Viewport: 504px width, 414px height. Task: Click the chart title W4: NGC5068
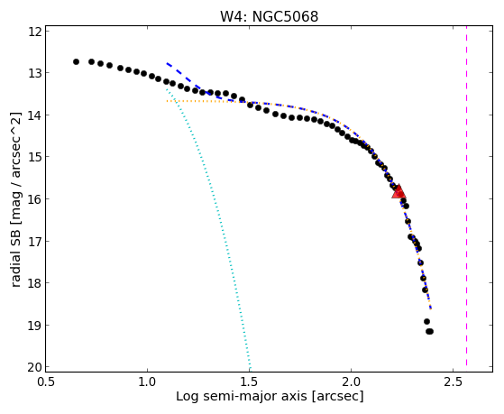(269, 16)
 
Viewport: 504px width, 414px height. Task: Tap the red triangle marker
(399, 192)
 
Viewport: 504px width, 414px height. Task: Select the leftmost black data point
(76, 61)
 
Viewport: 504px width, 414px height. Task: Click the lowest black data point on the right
(430, 331)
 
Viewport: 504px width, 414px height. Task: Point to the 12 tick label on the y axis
(34, 31)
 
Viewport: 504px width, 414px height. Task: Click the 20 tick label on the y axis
(34, 367)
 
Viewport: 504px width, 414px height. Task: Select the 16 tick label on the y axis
(34, 198)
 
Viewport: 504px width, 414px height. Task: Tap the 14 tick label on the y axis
(34, 115)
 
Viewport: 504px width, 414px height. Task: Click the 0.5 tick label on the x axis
(46, 382)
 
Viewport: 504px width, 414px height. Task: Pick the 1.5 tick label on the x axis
(249, 382)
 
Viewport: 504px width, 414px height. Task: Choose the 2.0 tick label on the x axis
(351, 382)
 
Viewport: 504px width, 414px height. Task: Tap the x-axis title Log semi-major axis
(242, 397)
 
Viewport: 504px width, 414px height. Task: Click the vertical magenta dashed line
(466, 198)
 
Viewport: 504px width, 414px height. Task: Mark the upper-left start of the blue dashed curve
(167, 63)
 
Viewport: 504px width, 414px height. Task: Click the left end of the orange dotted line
(167, 101)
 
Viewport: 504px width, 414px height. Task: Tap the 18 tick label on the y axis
(34, 282)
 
